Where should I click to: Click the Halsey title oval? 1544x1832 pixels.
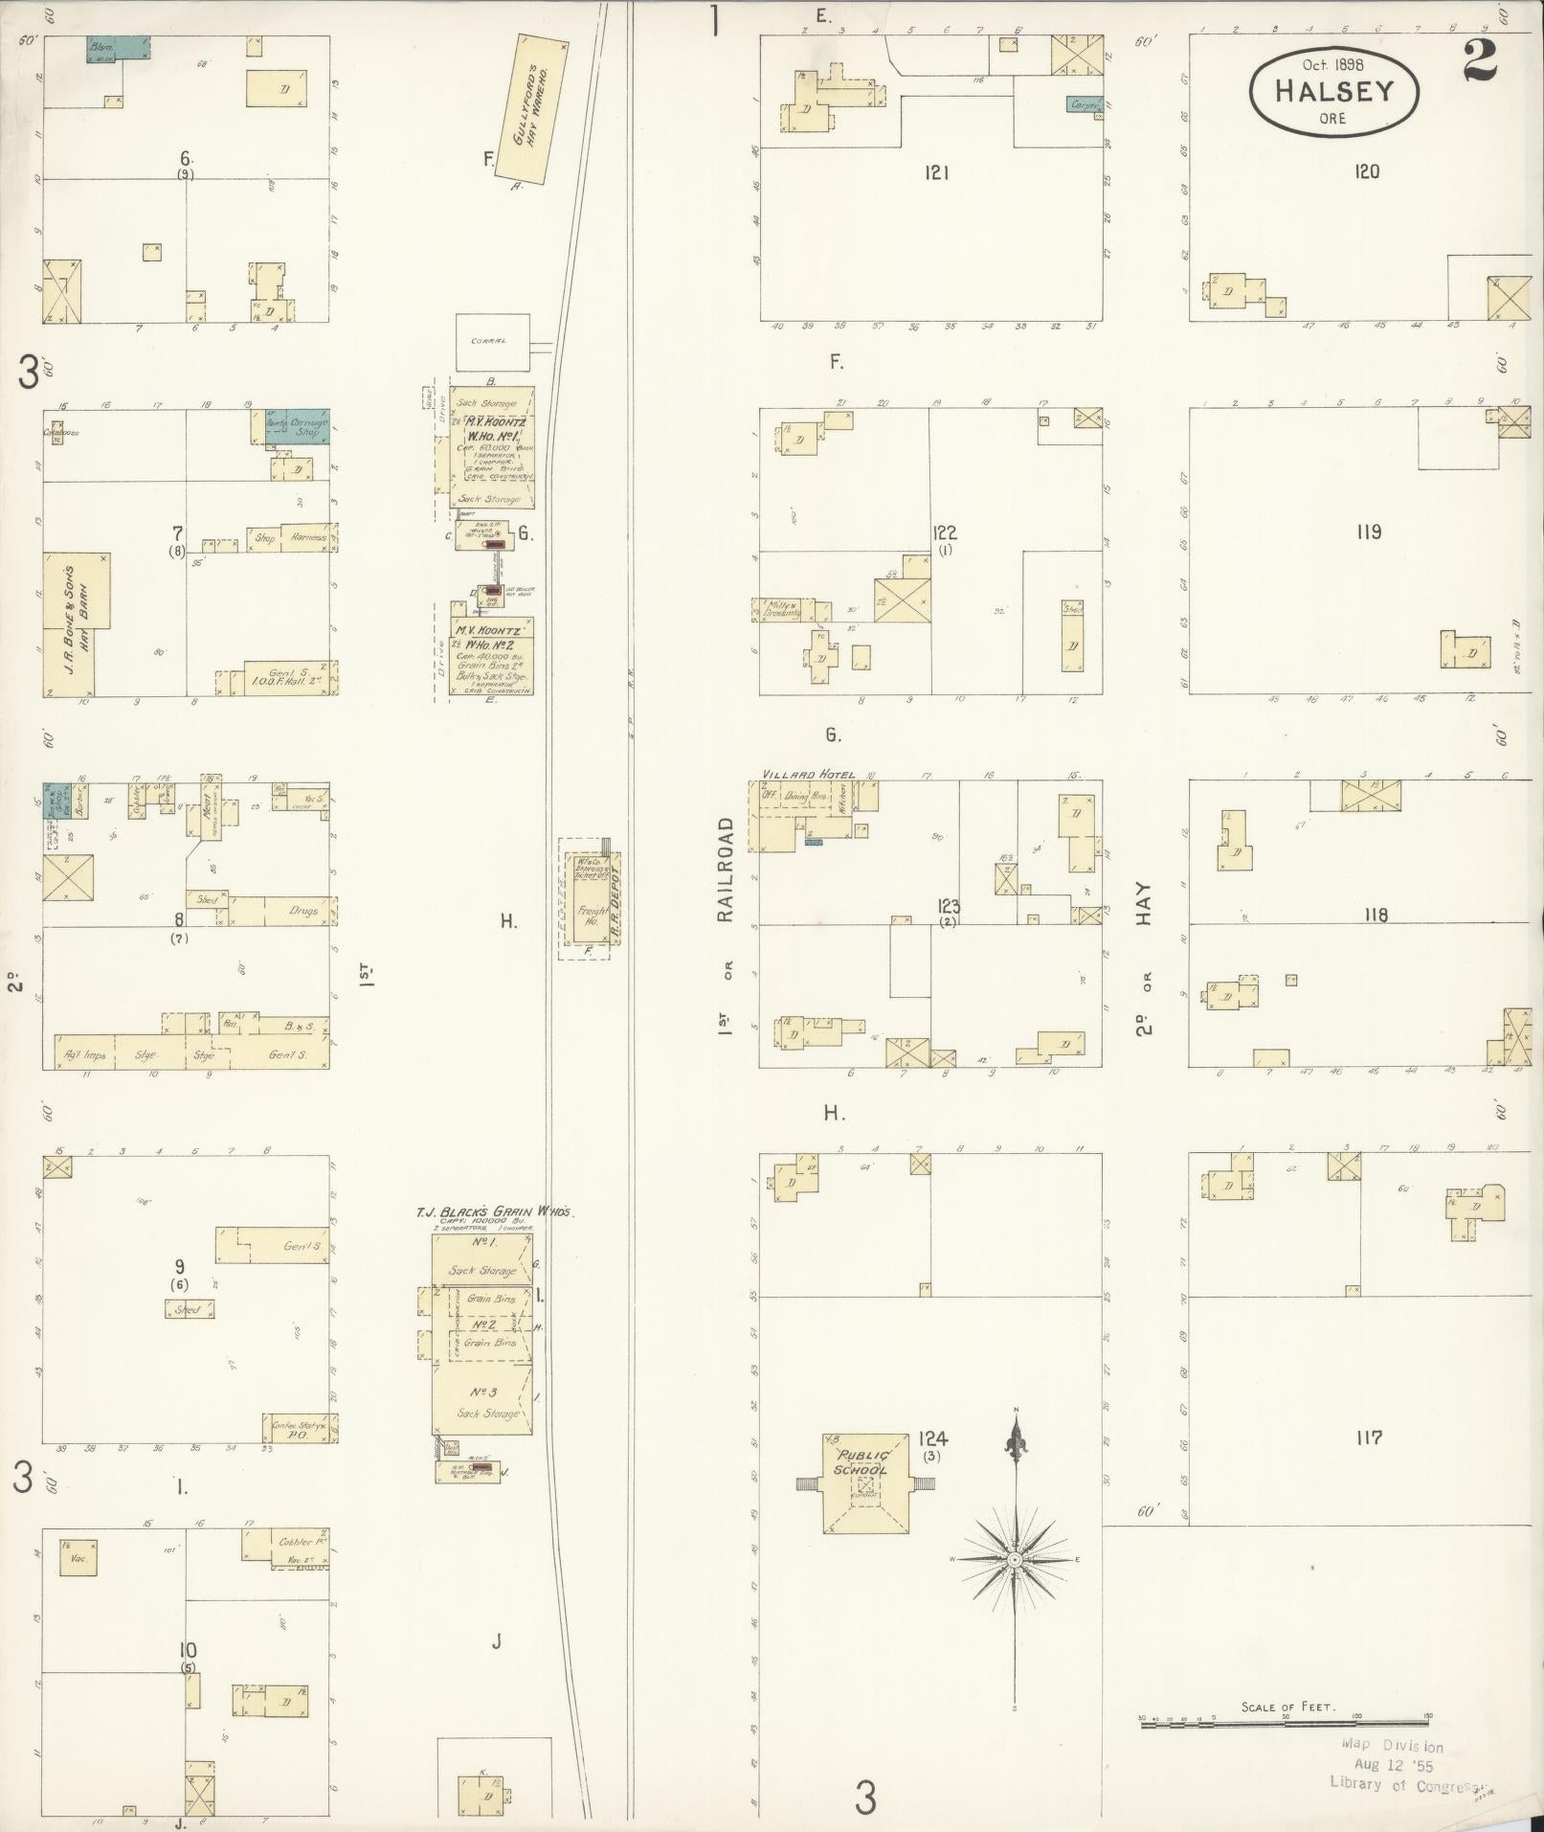click(x=1333, y=89)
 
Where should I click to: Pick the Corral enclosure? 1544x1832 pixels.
click(x=493, y=342)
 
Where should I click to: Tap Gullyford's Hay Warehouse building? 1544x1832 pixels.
click(x=541, y=108)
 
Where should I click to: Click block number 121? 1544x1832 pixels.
click(x=936, y=173)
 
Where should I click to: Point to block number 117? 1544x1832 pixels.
click(x=1368, y=1437)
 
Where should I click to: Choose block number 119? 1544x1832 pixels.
click(x=1368, y=532)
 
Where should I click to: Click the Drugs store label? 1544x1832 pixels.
click(x=302, y=910)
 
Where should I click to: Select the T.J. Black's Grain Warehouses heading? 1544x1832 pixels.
click(x=494, y=1212)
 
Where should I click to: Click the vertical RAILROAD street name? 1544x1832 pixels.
click(x=725, y=870)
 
